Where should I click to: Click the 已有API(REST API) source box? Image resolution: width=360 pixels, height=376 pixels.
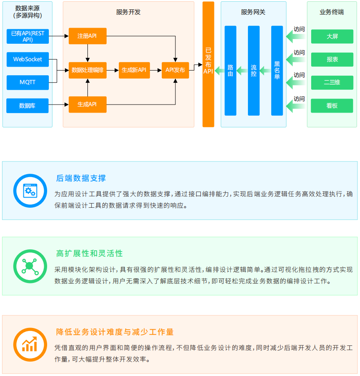[x=28, y=37]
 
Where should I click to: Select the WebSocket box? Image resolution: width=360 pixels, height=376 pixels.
[x=28, y=59]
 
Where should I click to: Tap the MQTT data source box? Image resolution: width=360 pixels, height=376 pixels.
[x=28, y=82]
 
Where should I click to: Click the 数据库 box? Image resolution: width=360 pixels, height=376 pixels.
[x=28, y=105]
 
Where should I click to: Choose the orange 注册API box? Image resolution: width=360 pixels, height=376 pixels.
[x=87, y=36]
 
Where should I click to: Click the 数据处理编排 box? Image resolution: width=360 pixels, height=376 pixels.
[x=87, y=70]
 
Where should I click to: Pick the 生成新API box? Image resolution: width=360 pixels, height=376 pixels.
[x=134, y=70]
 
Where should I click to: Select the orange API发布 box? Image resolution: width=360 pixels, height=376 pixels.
[x=175, y=70]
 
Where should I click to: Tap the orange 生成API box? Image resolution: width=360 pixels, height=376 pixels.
[x=87, y=105]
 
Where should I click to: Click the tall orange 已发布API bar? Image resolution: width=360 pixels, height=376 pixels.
[x=208, y=64]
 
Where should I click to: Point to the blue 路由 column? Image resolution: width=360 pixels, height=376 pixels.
[x=231, y=71]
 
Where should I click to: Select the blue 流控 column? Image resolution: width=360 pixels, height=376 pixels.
[x=253, y=71]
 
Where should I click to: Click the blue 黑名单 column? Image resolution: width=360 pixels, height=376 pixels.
[x=277, y=71]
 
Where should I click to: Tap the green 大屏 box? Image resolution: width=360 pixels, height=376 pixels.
[x=332, y=37]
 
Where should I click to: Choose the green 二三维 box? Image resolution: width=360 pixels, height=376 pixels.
[x=332, y=82]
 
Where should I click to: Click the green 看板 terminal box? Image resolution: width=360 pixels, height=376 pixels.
[x=332, y=106]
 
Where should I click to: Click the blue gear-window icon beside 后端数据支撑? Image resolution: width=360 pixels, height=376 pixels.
[x=29, y=190]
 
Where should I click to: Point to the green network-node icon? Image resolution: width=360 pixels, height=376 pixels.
[x=29, y=266]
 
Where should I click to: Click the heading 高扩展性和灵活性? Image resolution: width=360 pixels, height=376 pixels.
[x=90, y=254]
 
